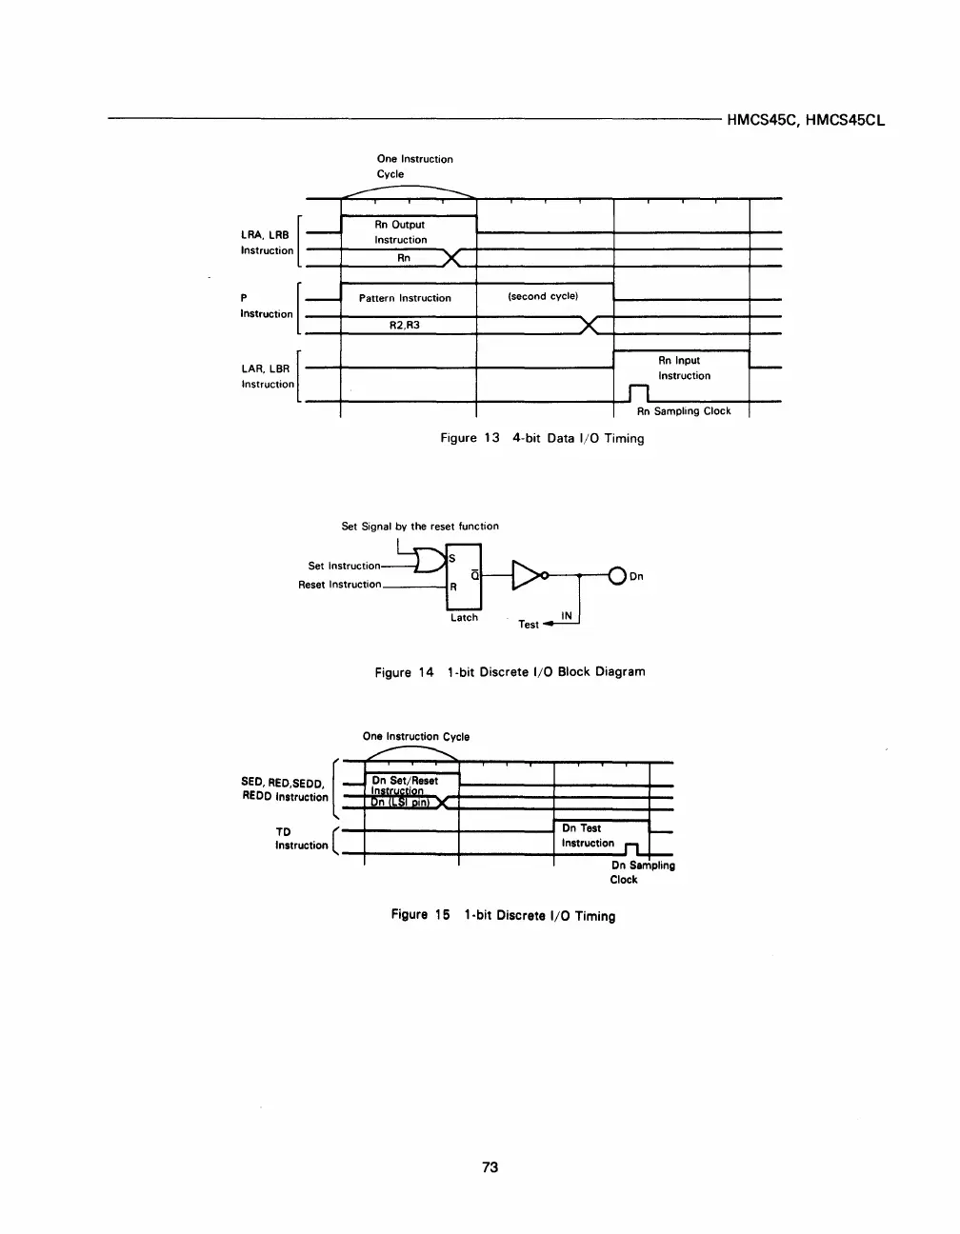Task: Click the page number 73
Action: pyautogui.click(x=490, y=1166)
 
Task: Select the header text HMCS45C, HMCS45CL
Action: pyautogui.click(x=806, y=121)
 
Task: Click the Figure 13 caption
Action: pyautogui.click(x=541, y=438)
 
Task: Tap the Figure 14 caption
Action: pyautogui.click(x=510, y=671)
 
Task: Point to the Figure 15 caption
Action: pyautogui.click(x=503, y=915)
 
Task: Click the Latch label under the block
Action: pyautogui.click(x=464, y=618)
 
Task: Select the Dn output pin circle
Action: pyautogui.click(x=617, y=575)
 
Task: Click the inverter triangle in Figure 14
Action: pyautogui.click(x=527, y=575)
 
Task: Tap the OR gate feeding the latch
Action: pyautogui.click(x=430, y=561)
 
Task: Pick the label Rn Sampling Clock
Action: pyautogui.click(x=684, y=411)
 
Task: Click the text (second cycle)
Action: pyautogui.click(x=543, y=296)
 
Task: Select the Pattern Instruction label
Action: pyautogui.click(x=405, y=298)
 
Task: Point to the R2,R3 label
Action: pyautogui.click(x=405, y=326)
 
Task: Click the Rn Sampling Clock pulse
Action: pyautogui.click(x=638, y=393)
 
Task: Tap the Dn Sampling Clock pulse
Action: pyautogui.click(x=630, y=848)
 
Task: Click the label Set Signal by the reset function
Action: pyautogui.click(x=420, y=526)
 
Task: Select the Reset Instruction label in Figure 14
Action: pyautogui.click(x=339, y=585)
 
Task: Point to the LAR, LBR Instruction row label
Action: pyautogui.click(x=268, y=376)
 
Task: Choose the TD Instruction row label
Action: pyautogui.click(x=300, y=838)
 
